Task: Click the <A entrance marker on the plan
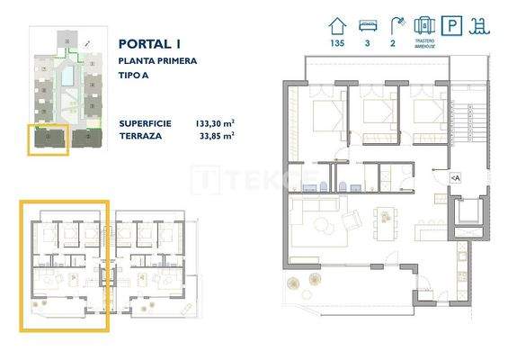tap(455, 179)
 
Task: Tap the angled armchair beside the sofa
tap(353, 218)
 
